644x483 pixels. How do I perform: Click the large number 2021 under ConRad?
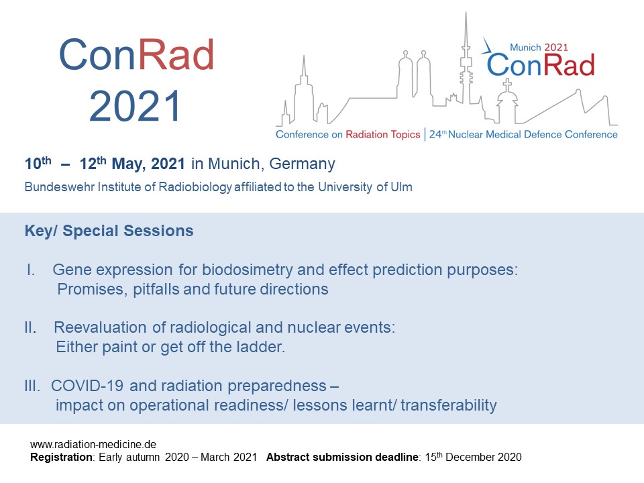pos(135,106)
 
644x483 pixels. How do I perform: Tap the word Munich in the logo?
pos(525,48)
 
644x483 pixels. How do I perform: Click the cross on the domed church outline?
pos(508,85)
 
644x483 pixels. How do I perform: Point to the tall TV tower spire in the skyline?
pos(466,58)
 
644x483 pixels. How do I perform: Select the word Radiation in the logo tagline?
pos(366,134)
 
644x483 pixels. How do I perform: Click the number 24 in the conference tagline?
pos(435,134)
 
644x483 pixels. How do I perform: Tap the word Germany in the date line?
pos(302,164)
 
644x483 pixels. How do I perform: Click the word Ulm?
pos(401,187)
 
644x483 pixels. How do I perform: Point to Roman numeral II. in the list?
pos(30,327)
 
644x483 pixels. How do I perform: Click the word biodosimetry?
pos(248,270)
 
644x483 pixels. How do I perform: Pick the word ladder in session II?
pos(260,347)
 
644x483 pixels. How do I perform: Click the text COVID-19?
pos(87,386)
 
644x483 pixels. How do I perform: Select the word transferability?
pos(449,405)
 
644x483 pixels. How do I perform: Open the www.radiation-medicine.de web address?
pos(93,444)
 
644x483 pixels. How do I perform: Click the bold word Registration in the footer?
pos(62,457)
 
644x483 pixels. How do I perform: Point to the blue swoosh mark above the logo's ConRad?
pos(488,48)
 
